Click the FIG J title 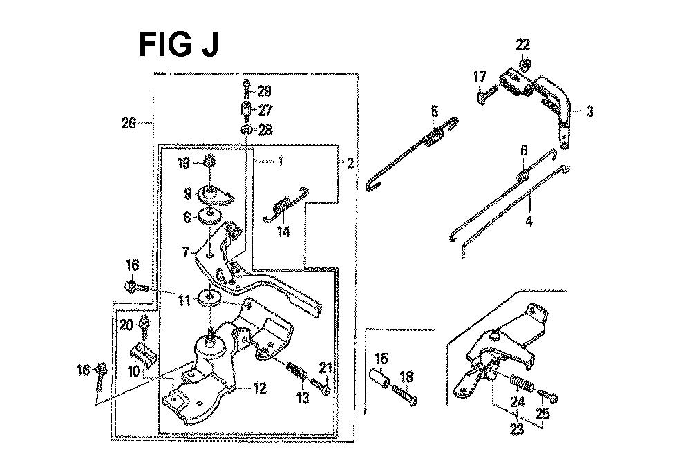pyautogui.click(x=178, y=44)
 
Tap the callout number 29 pyautogui.click(x=264, y=91)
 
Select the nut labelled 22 pyautogui.click(x=524, y=65)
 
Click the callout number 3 pyautogui.click(x=589, y=111)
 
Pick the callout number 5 pyautogui.click(x=435, y=111)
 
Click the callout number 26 pyautogui.click(x=129, y=122)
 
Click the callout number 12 pyautogui.click(x=260, y=388)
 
